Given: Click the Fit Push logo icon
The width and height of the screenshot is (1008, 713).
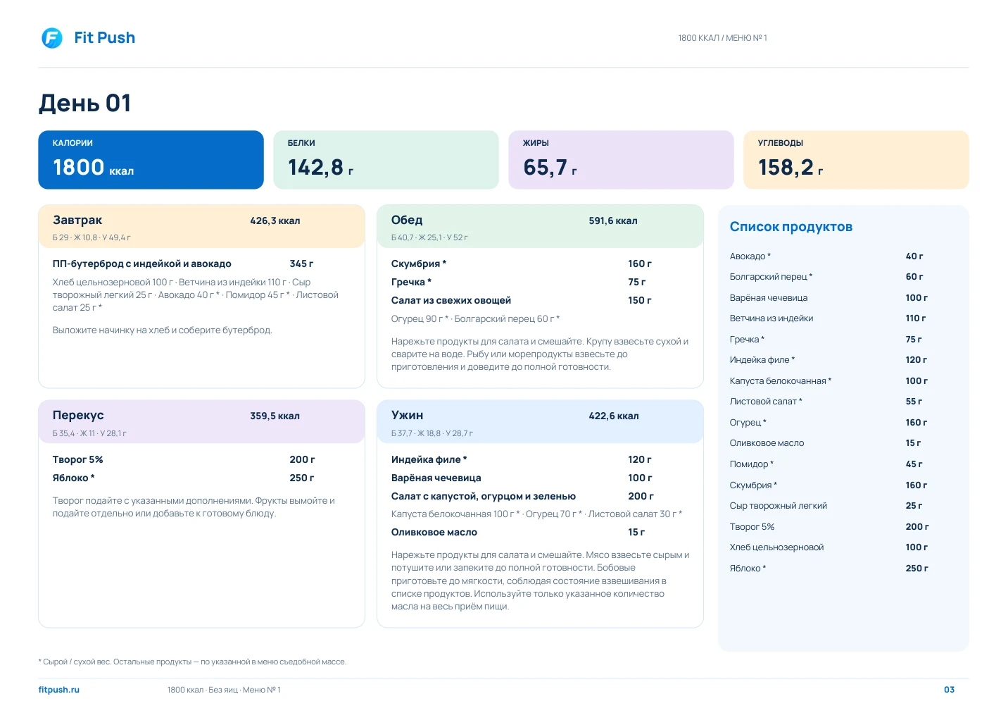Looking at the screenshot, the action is (x=52, y=38).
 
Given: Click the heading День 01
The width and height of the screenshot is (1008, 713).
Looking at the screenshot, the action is (x=84, y=103).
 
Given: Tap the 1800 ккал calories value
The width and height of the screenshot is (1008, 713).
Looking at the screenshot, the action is (x=93, y=167).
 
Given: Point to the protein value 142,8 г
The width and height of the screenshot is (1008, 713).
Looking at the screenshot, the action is (x=320, y=167).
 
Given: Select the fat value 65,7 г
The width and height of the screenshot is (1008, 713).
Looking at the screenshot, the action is (x=550, y=167).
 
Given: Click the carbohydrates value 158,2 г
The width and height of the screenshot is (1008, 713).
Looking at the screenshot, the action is (x=790, y=167).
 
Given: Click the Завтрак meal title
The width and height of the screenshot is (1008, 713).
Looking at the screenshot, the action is (x=77, y=220).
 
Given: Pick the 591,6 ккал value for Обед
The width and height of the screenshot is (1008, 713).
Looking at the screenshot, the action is (x=613, y=221).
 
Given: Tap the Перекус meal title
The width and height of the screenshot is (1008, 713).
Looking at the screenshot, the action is (x=78, y=415).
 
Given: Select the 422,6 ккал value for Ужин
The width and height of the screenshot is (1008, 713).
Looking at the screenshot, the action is (x=613, y=416).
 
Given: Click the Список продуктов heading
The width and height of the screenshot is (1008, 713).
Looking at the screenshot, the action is (x=790, y=227).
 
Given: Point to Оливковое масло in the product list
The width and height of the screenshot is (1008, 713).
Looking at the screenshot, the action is (x=767, y=442).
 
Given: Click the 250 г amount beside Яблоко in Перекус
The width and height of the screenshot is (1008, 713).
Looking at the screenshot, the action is (x=301, y=478).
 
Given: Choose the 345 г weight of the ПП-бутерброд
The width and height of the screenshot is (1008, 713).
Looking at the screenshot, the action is (x=301, y=263).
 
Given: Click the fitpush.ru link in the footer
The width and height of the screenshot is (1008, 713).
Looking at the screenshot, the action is (x=59, y=689).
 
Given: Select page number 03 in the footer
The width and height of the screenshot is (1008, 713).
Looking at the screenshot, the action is (x=949, y=689).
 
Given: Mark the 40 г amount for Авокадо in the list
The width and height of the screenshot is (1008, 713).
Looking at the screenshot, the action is (x=914, y=256).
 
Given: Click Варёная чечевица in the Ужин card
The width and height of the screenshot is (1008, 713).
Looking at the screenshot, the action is (x=436, y=478).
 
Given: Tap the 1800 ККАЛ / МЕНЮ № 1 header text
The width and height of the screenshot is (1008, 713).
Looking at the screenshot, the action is (x=722, y=38).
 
